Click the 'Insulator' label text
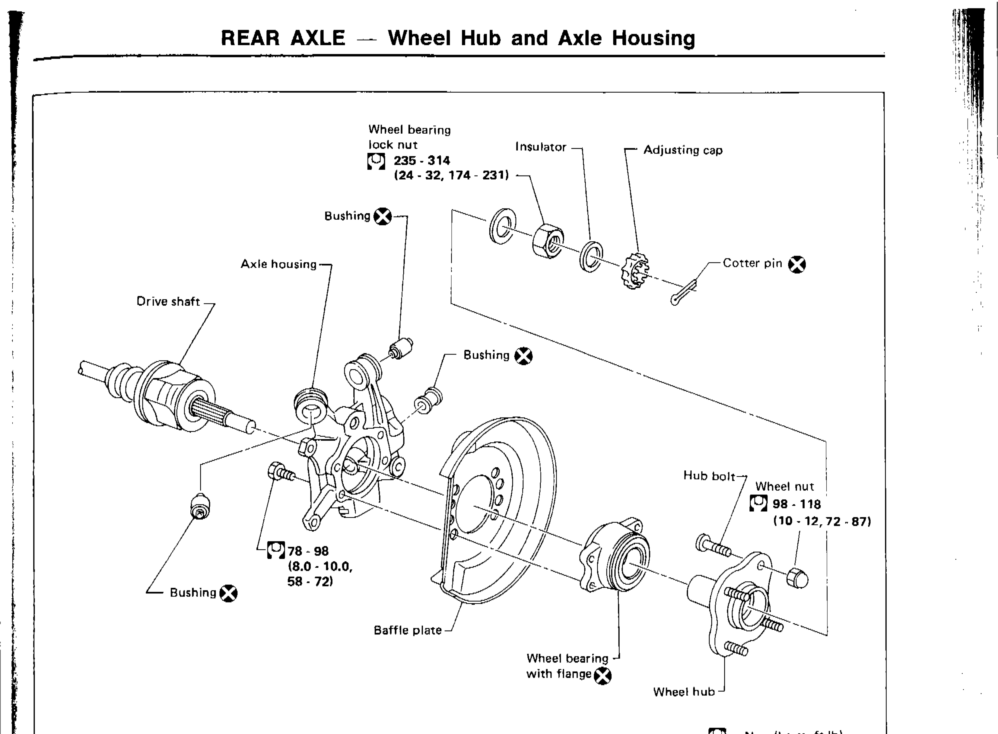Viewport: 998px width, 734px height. coord(540,147)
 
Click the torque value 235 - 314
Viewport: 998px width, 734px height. coord(422,160)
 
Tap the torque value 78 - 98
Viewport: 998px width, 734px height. coord(308,551)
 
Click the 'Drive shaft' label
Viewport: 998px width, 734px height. coord(168,302)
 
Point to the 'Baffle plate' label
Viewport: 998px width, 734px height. coord(408,630)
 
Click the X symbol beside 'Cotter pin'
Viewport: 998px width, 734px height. coord(797,265)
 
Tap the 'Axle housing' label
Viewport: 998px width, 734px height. coord(278,264)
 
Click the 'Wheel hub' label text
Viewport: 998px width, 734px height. coord(683,692)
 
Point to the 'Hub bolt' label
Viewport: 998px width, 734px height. coord(709,476)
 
